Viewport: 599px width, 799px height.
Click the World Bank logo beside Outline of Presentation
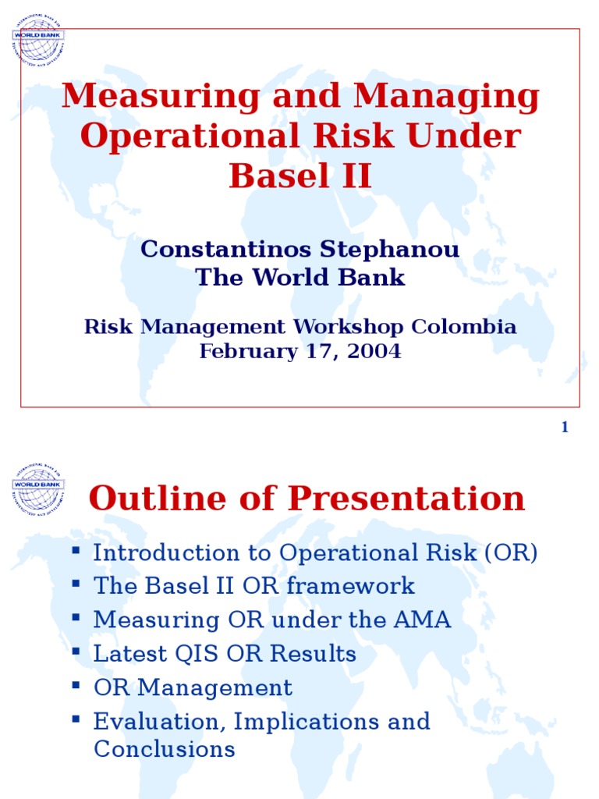tap(37, 488)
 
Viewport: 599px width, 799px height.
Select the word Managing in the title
tap(446, 96)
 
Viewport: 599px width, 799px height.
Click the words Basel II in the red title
tap(300, 176)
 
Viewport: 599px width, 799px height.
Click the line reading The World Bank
tap(300, 277)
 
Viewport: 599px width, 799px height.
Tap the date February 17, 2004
tap(300, 351)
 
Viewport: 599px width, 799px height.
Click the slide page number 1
tap(565, 427)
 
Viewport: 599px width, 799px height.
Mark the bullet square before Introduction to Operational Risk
tap(76, 551)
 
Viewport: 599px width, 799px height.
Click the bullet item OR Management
tap(193, 688)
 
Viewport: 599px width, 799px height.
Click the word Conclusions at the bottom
tap(164, 750)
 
